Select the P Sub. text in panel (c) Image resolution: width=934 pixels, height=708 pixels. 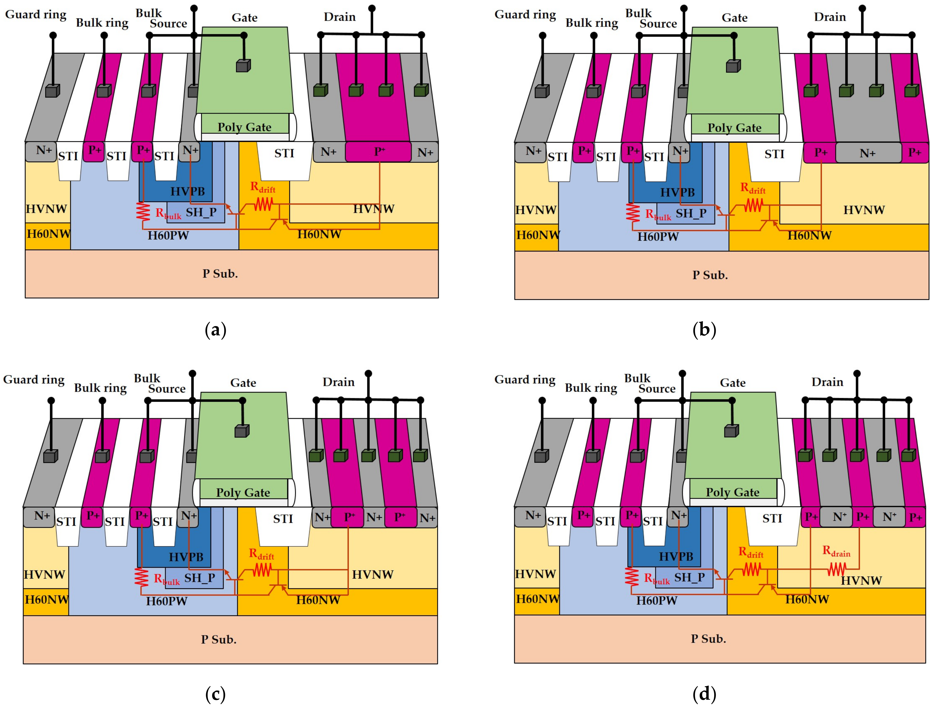(x=218, y=639)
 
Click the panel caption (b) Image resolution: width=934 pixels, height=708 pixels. (x=704, y=330)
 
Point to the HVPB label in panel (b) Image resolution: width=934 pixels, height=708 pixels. (x=677, y=192)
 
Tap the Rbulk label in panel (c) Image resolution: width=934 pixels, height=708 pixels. (x=167, y=579)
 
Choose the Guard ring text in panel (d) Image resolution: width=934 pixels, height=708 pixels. (x=525, y=379)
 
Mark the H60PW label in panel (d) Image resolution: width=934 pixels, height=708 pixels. (x=657, y=600)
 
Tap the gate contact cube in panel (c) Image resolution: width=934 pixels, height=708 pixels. (x=242, y=431)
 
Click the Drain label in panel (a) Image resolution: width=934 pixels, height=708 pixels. (x=340, y=17)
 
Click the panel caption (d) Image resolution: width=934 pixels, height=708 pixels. (x=704, y=694)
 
